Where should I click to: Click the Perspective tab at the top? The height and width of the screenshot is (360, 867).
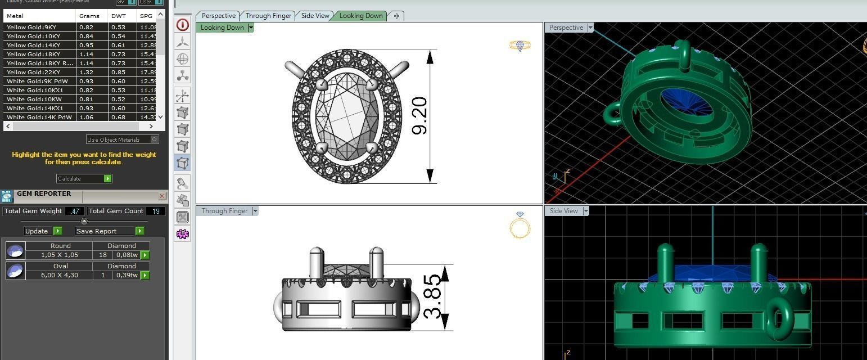click(x=218, y=16)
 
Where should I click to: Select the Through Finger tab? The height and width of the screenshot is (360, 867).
click(x=268, y=16)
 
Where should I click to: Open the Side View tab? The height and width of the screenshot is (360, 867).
click(x=315, y=16)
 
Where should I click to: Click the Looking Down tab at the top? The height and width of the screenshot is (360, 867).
click(x=361, y=16)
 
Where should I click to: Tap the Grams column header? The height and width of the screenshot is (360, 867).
click(x=89, y=16)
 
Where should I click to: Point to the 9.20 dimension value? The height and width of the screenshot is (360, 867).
click(x=419, y=116)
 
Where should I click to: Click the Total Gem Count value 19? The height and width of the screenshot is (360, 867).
click(x=156, y=211)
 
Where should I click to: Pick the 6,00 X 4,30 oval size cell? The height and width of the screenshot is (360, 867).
click(x=59, y=275)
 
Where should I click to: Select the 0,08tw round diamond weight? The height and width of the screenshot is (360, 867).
click(x=127, y=255)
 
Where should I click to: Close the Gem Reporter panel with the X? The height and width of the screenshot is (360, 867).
click(x=162, y=196)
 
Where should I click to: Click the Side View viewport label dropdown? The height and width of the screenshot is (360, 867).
click(x=586, y=211)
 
